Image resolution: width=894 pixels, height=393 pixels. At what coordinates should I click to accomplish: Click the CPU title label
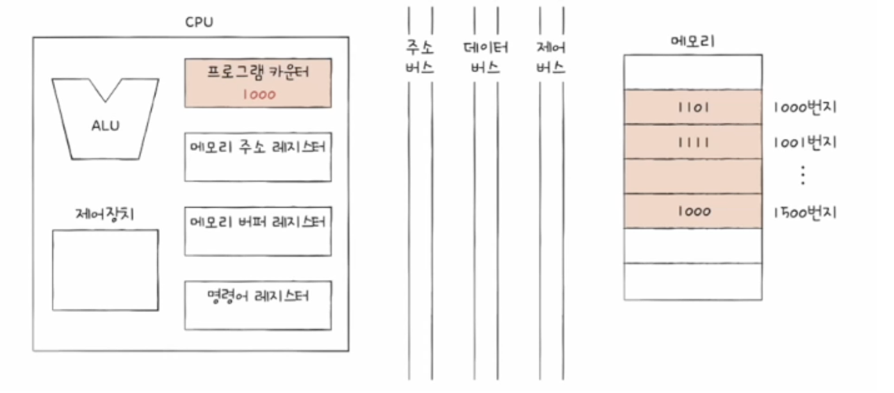[199, 22]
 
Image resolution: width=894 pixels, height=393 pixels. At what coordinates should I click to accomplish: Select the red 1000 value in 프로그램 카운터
[258, 95]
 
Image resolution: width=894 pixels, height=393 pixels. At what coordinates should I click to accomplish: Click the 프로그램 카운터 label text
[258, 72]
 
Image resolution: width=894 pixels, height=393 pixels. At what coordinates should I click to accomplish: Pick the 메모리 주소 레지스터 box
[258, 157]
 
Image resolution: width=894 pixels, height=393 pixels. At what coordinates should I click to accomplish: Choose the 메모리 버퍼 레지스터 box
[258, 231]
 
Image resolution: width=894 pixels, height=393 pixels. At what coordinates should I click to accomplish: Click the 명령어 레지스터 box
[258, 305]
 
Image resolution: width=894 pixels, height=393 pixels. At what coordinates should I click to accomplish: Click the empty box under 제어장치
[105, 270]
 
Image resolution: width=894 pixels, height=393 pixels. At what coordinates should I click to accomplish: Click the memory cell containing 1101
[693, 107]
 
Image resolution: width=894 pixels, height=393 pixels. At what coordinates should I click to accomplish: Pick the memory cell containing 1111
[693, 141]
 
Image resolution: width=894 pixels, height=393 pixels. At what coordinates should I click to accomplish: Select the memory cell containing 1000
[693, 211]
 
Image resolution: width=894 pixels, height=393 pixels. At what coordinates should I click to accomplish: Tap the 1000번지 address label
[805, 107]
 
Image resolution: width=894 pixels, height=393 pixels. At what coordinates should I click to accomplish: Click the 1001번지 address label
[805, 141]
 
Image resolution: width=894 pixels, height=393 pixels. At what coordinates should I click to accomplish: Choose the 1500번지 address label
[805, 212]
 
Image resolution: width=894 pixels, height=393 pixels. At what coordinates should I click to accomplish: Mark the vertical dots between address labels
[803, 175]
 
